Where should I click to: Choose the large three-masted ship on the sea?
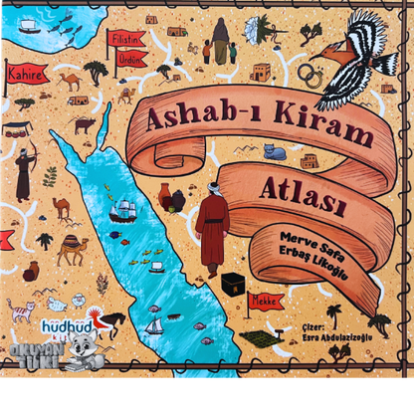[x=123, y=209]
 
